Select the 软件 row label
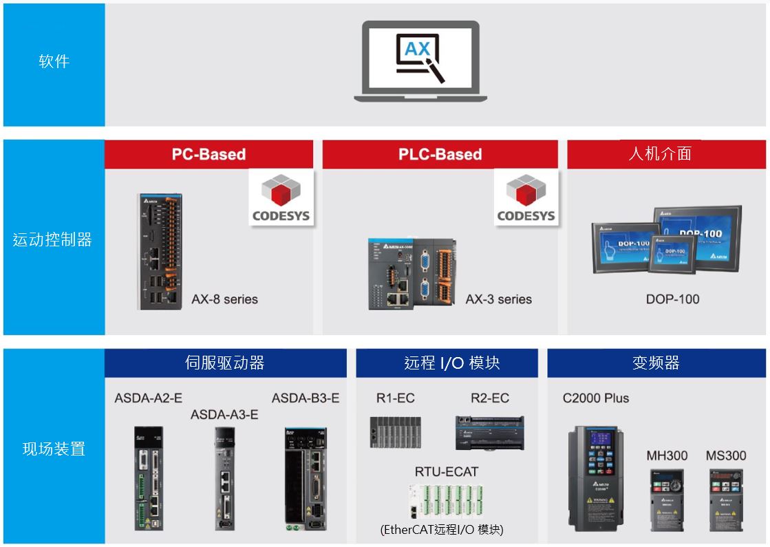(54, 62)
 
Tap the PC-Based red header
(208, 154)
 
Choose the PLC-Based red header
(440, 154)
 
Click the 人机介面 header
(660, 153)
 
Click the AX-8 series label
(225, 299)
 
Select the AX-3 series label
(498, 299)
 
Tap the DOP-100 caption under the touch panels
(672, 299)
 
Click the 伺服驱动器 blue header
(225, 363)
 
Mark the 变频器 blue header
(656, 363)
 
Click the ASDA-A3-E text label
(224, 414)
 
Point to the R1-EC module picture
(395, 432)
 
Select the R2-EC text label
(490, 398)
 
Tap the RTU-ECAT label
(446, 472)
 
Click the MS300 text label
(726, 455)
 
